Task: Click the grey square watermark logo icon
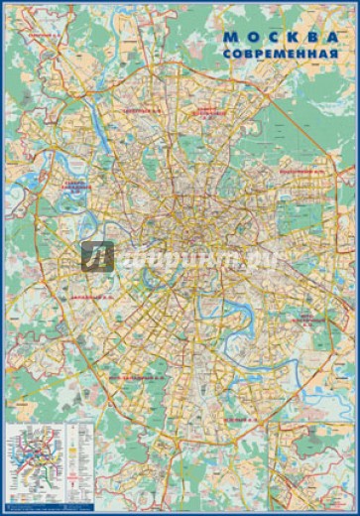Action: tap(97, 257)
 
